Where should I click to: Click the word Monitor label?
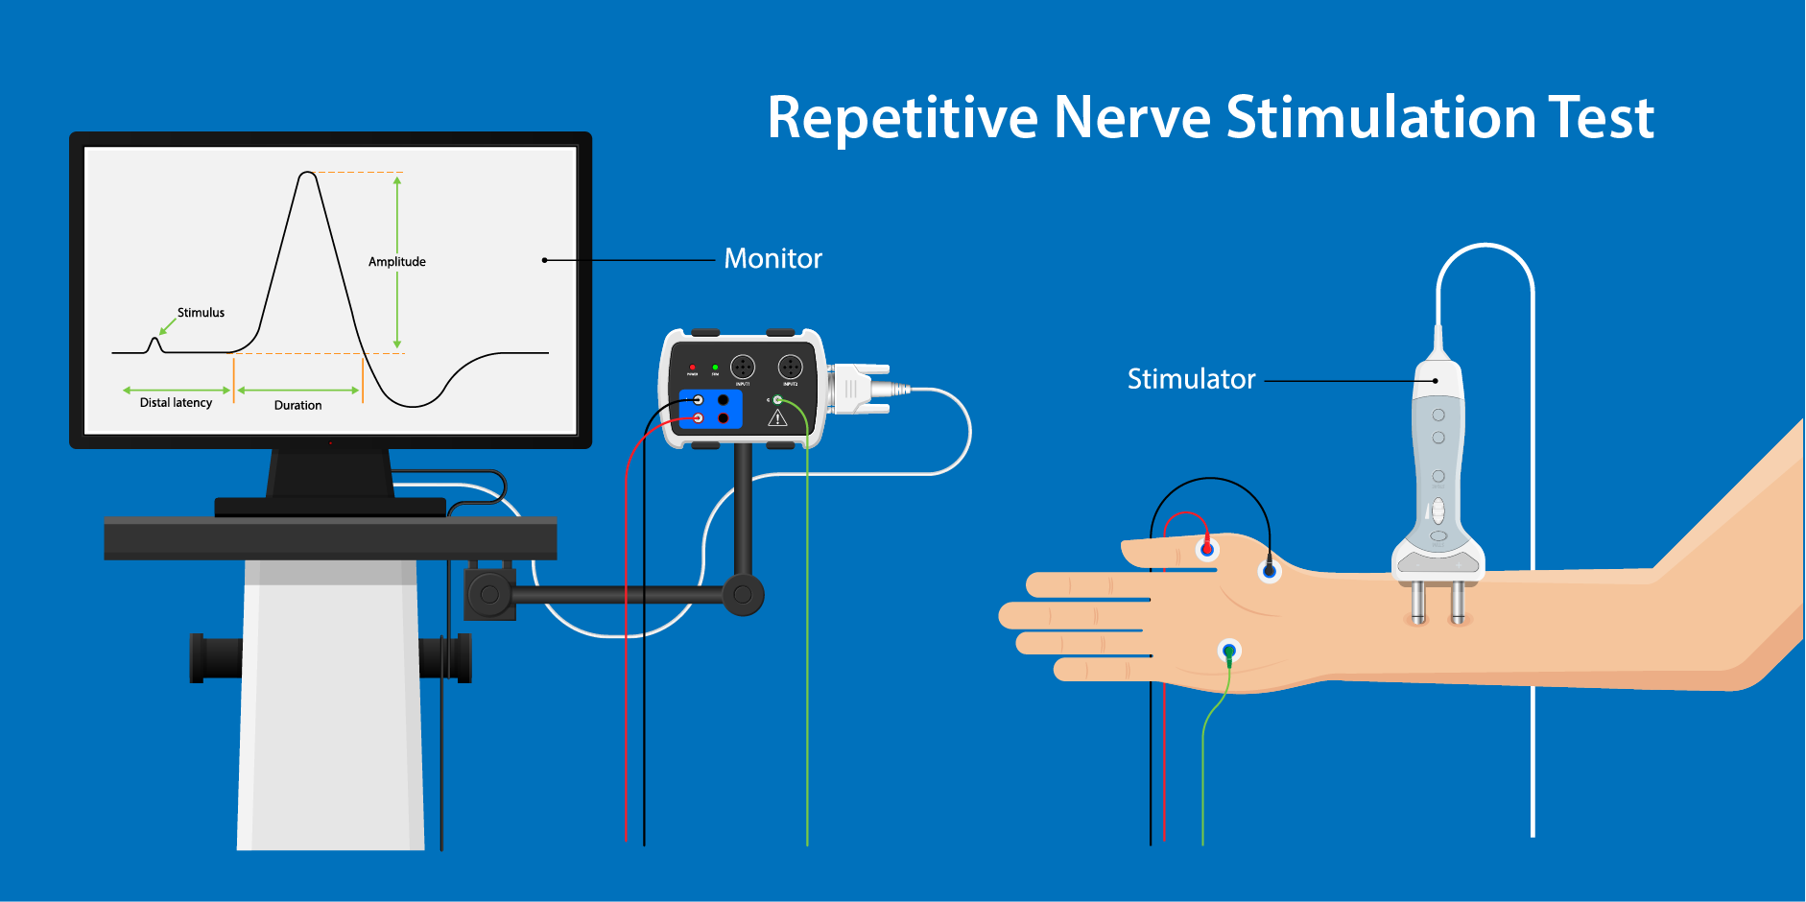click(772, 259)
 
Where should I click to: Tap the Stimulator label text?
click(1191, 379)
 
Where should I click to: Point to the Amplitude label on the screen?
click(396, 262)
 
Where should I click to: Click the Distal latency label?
click(176, 403)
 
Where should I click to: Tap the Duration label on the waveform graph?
click(297, 406)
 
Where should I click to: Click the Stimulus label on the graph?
click(201, 313)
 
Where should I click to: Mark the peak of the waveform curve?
click(307, 174)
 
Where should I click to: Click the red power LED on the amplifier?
click(692, 367)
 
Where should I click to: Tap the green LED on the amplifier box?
click(715, 367)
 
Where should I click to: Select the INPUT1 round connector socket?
click(743, 367)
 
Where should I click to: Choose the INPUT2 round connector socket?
click(790, 367)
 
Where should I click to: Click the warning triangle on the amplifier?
click(777, 418)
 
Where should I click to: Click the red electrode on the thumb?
click(1207, 549)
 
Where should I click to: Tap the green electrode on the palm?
click(1229, 652)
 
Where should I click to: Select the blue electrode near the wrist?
click(1270, 572)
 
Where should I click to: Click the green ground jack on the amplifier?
click(777, 399)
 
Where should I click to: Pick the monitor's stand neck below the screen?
click(331, 472)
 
